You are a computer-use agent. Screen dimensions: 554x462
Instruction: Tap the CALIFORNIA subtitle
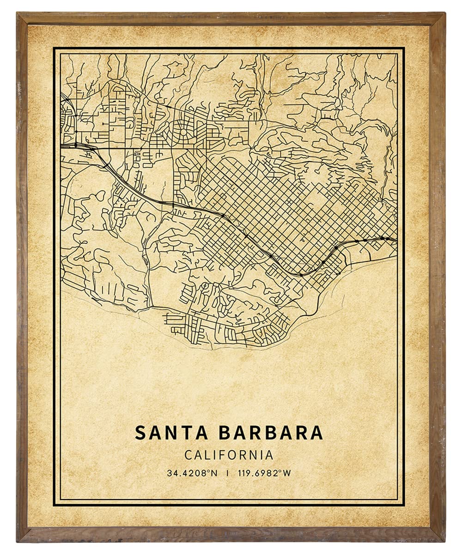click(229, 455)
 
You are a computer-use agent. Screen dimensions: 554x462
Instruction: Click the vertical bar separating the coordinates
click(227, 473)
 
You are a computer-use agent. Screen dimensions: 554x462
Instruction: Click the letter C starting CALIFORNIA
click(188, 455)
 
